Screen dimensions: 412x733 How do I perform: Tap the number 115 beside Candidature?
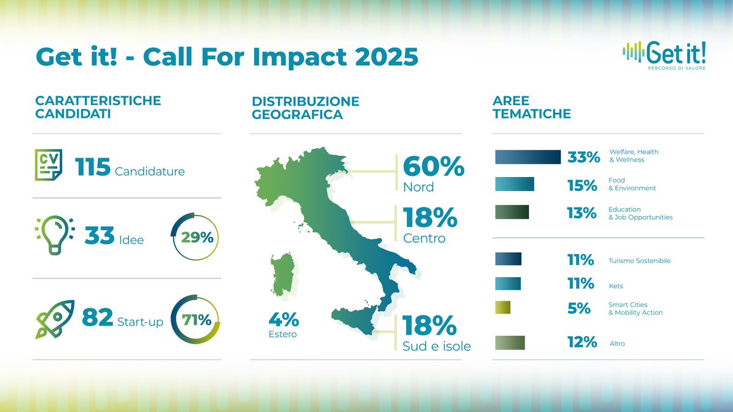[x=92, y=168]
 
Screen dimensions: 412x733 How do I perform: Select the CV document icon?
[x=48, y=164]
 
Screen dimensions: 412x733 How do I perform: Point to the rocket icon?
[x=54, y=318]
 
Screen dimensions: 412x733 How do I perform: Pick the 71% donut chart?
[x=193, y=320]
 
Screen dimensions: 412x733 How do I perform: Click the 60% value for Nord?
[x=433, y=167]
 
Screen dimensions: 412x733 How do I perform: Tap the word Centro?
[x=424, y=238]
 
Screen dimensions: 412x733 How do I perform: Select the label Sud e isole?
[x=437, y=346]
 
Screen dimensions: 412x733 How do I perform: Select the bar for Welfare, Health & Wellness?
[x=528, y=157]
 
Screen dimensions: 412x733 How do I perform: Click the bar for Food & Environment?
[x=514, y=184]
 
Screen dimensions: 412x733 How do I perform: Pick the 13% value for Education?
[x=582, y=213]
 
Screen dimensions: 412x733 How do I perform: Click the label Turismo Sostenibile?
[x=640, y=261]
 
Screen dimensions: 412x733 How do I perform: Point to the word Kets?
[x=616, y=286]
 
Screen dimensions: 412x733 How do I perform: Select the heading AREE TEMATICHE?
[x=531, y=107]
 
